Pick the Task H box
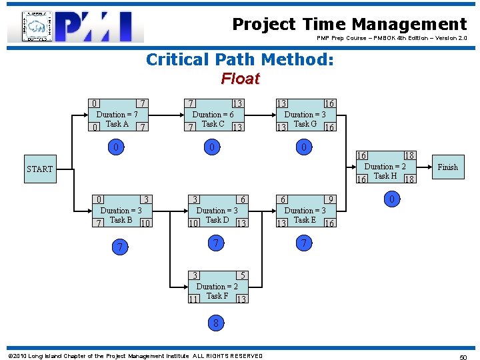coord(387,167)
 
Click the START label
coord(40,169)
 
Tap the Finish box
coord(447,167)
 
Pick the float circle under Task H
coord(393,199)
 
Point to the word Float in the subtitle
coord(240,79)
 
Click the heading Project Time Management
coord(349,25)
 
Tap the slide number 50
coord(463,357)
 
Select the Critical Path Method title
coord(240,60)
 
